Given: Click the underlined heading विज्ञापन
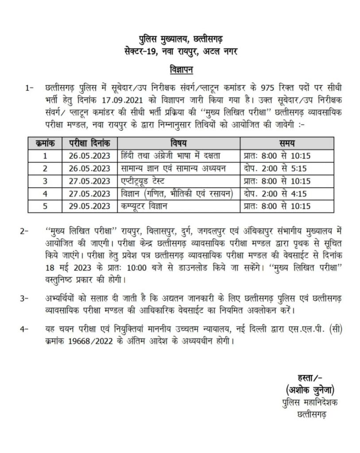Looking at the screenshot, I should pos(180,70).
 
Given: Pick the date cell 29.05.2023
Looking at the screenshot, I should pos(90,206).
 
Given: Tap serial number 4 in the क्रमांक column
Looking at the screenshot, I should pos(45,194).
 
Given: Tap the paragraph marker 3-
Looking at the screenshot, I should pos(29,299).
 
